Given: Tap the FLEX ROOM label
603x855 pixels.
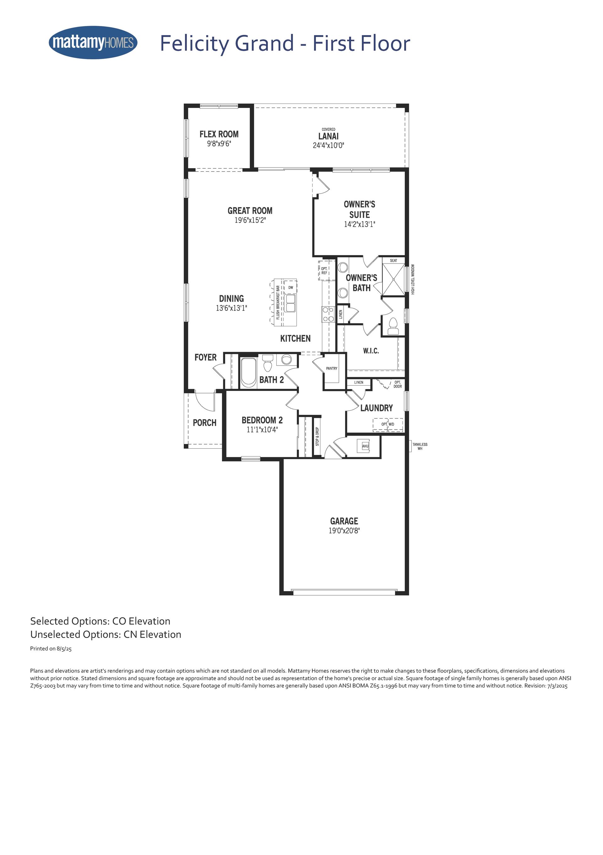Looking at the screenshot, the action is (x=219, y=134).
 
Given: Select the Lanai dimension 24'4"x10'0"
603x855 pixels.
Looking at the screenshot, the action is (x=328, y=145).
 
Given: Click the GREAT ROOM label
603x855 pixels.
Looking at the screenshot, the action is (x=250, y=211).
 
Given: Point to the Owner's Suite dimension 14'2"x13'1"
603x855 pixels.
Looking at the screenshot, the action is (x=359, y=224).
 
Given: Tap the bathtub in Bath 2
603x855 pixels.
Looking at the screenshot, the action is (x=248, y=372).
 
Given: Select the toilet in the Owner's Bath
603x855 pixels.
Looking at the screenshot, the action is (x=393, y=327).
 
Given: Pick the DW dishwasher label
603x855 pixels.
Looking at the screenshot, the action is (x=291, y=287).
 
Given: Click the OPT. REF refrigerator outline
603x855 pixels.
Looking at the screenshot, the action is (x=324, y=270).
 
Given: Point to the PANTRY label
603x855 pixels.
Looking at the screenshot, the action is (x=332, y=368).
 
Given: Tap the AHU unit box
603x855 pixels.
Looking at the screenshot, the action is (x=365, y=446).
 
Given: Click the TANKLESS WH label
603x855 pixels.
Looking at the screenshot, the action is (x=420, y=446).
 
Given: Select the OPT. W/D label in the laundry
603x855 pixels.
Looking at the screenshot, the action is (x=388, y=424).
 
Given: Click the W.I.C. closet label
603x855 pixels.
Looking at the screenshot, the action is (x=371, y=351).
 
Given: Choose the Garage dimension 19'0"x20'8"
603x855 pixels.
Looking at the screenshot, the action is (x=344, y=531).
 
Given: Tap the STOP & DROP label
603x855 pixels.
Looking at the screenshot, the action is (x=318, y=436).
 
